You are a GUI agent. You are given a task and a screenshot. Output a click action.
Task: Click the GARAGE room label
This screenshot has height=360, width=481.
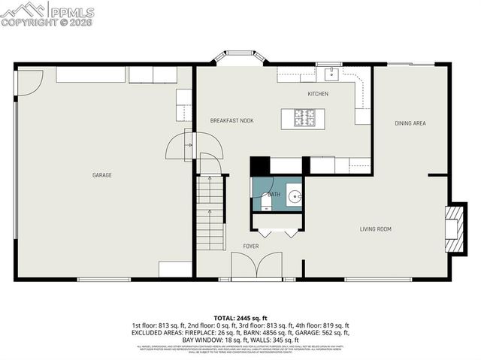[102, 175]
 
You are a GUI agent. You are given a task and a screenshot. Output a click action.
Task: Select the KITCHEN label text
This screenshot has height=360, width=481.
[318, 94]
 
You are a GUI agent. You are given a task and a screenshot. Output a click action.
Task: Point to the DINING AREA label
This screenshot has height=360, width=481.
[410, 123]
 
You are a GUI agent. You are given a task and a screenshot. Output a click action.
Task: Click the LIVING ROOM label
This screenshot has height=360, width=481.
[375, 229]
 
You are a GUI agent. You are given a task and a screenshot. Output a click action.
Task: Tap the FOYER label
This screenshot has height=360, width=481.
[250, 246]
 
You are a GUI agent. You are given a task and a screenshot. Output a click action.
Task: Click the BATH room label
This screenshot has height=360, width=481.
[274, 195]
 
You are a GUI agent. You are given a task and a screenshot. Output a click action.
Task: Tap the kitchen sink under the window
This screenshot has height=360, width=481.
[329, 73]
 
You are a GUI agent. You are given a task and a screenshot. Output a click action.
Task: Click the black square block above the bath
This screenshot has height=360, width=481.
[259, 165]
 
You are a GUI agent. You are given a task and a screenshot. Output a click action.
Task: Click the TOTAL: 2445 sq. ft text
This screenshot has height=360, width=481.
[240, 319]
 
